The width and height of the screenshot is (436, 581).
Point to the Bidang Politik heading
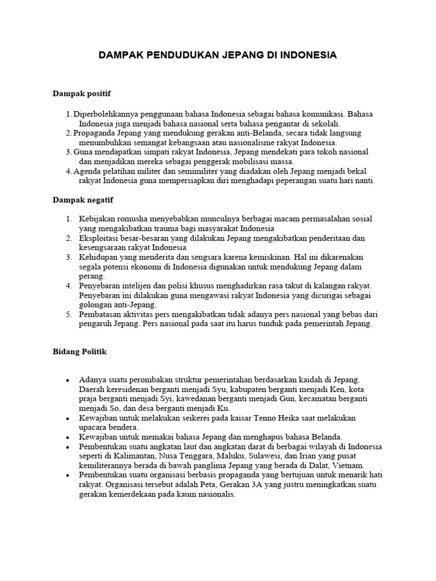coord(79,352)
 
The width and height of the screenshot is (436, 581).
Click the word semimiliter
coord(216,171)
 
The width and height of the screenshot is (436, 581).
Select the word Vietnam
coord(348,465)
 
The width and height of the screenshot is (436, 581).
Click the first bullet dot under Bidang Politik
coord(68,380)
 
